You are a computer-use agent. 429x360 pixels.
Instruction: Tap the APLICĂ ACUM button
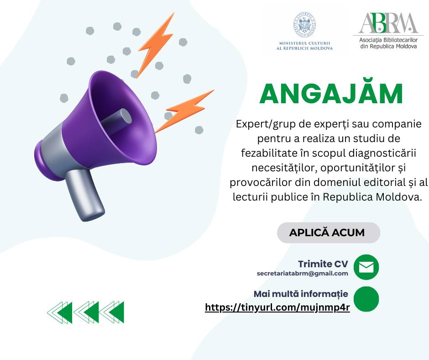(x=329, y=233)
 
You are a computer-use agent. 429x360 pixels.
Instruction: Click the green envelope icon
(x=366, y=267)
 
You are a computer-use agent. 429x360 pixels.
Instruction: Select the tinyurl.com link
(x=277, y=307)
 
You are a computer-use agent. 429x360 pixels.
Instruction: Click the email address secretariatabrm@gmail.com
(x=302, y=273)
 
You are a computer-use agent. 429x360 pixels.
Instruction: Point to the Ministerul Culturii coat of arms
(x=305, y=25)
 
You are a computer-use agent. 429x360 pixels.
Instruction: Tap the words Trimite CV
(x=323, y=264)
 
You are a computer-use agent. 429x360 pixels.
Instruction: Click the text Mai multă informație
(x=301, y=294)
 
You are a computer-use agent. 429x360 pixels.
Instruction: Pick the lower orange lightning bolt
(x=184, y=111)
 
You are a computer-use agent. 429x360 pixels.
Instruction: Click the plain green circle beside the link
(x=366, y=299)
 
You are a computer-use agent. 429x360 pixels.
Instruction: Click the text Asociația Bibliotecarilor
(x=388, y=40)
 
